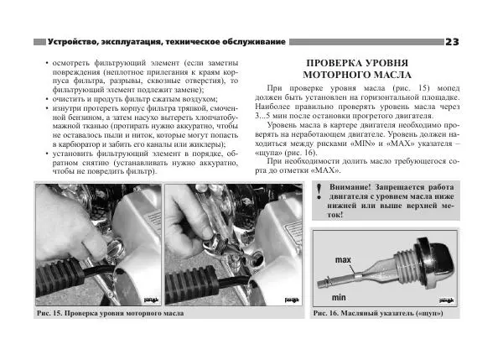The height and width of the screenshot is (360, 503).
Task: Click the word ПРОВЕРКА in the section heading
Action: point(345,64)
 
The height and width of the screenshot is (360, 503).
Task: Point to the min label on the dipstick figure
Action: point(339,297)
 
